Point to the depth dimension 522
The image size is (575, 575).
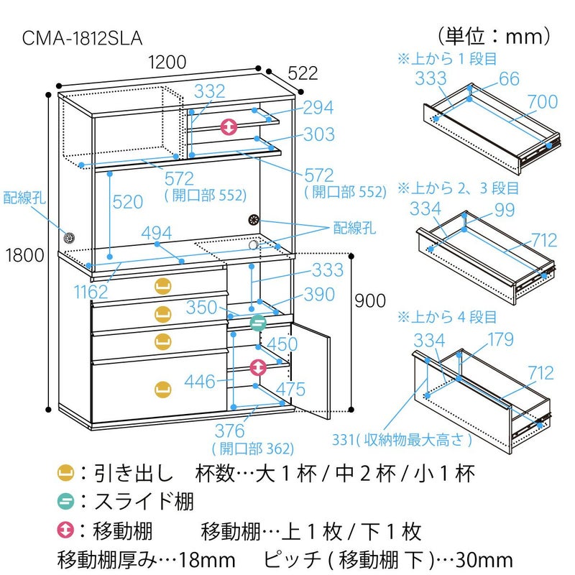point(303,73)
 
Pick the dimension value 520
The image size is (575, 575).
point(128,203)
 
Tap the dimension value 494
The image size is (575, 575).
point(156,233)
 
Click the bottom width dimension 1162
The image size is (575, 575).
point(91,291)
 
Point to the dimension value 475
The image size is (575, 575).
point(290,389)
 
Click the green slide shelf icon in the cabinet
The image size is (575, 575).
point(258,322)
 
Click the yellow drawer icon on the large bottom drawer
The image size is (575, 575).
point(163,389)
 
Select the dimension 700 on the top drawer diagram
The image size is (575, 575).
point(542,101)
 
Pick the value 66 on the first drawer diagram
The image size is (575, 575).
point(509,78)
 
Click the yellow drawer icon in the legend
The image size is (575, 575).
point(66,473)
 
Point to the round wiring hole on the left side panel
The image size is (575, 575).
point(69,237)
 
